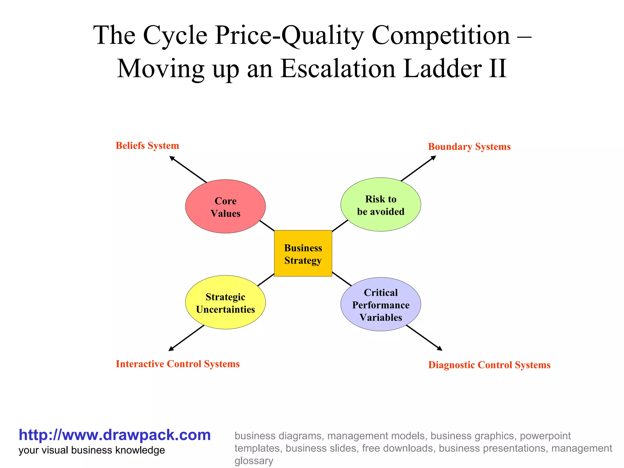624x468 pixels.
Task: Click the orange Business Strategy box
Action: click(x=303, y=253)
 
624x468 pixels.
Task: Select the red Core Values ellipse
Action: click(x=225, y=207)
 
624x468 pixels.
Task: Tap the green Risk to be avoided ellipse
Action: click(x=381, y=205)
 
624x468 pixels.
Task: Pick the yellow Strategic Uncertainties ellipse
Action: click(x=225, y=303)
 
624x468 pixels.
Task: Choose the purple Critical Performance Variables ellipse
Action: click(x=381, y=304)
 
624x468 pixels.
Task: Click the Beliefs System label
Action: click(x=147, y=146)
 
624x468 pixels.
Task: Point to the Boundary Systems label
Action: click(x=469, y=147)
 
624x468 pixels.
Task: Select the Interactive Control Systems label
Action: click(x=178, y=364)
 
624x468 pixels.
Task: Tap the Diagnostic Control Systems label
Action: click(x=489, y=365)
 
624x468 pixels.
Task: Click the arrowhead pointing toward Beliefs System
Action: click(x=172, y=158)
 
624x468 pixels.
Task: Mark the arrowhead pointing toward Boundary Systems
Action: click(x=434, y=158)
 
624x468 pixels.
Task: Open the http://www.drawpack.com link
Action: click(x=115, y=435)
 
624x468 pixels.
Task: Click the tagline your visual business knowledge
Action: click(x=92, y=450)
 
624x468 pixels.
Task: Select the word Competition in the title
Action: click(x=441, y=35)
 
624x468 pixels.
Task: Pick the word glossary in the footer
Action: click(x=253, y=460)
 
